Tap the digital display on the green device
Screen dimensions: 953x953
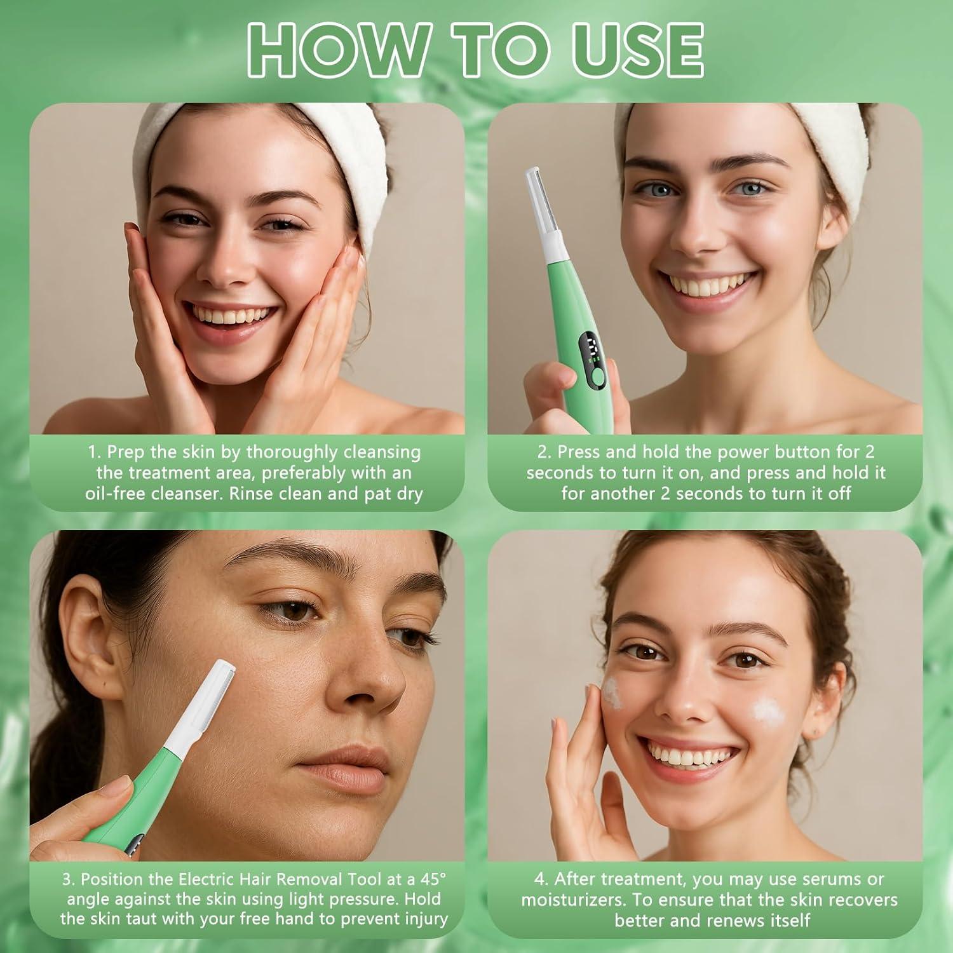591,350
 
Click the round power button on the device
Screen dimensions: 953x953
597,379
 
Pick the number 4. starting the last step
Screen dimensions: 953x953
541,879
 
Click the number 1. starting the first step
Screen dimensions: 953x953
94,452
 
